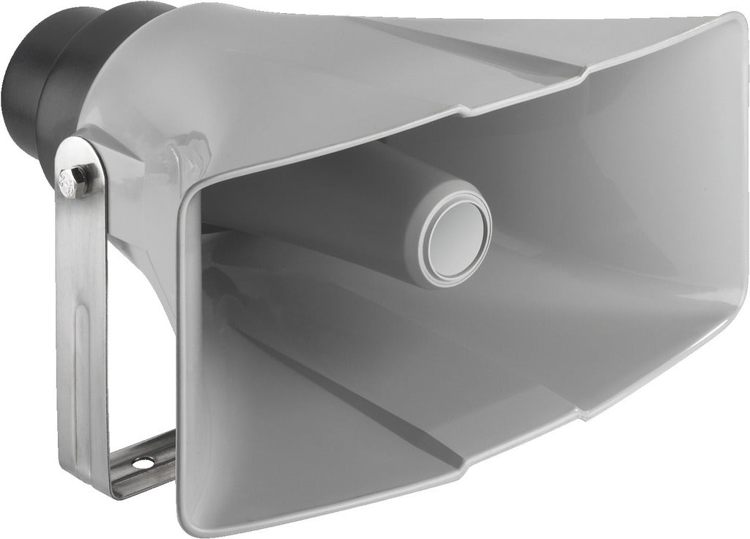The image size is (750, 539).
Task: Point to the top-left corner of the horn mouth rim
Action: point(192,192)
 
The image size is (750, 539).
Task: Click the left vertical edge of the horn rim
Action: point(182,352)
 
